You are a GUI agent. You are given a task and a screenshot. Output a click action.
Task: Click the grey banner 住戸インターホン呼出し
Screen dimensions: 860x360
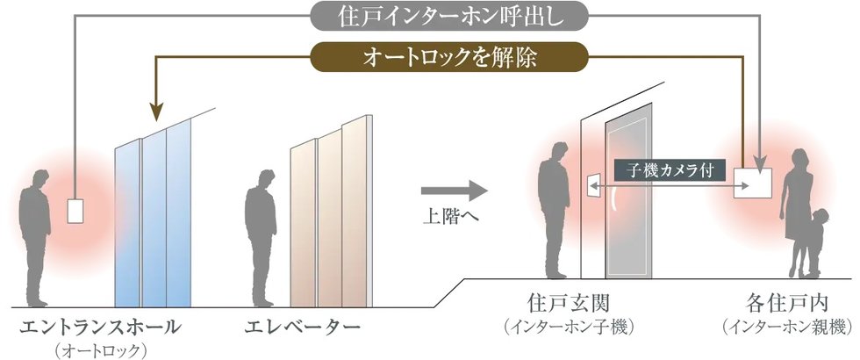[449, 17]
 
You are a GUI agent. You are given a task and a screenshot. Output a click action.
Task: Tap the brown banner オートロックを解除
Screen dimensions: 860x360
[449, 57]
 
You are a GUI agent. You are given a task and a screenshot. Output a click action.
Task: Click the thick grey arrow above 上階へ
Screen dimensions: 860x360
[455, 191]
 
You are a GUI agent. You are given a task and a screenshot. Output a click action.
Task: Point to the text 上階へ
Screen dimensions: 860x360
[451, 216]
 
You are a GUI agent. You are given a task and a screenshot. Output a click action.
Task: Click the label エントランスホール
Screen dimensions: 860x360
[100, 327]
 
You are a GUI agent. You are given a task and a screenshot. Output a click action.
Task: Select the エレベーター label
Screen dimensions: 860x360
[302, 327]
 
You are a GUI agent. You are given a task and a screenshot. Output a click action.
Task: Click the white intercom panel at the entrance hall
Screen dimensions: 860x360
[75, 211]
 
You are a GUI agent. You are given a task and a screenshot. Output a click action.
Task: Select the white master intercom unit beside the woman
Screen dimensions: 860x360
[753, 183]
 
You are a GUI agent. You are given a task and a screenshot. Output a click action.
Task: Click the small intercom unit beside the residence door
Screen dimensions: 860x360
[593, 186]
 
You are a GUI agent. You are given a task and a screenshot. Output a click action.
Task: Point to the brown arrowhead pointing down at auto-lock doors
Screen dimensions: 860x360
[156, 112]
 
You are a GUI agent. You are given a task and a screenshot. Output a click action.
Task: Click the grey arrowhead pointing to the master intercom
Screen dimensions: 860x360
[760, 164]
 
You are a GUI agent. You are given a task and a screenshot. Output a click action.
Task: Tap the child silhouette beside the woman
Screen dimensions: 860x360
[813, 241]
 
